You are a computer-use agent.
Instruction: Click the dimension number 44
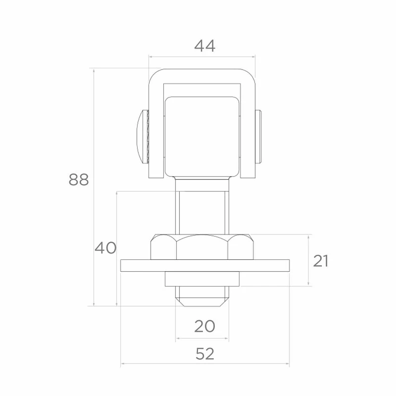click(204, 46)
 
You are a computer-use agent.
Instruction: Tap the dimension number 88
click(79, 180)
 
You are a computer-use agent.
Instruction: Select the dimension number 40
click(105, 248)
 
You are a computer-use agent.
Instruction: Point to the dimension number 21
click(320, 261)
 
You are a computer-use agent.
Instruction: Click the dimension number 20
click(204, 326)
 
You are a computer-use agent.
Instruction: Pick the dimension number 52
click(205, 354)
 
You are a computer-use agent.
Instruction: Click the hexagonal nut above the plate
click(202, 247)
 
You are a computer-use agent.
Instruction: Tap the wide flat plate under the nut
click(205, 265)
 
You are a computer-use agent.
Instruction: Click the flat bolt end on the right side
click(258, 136)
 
